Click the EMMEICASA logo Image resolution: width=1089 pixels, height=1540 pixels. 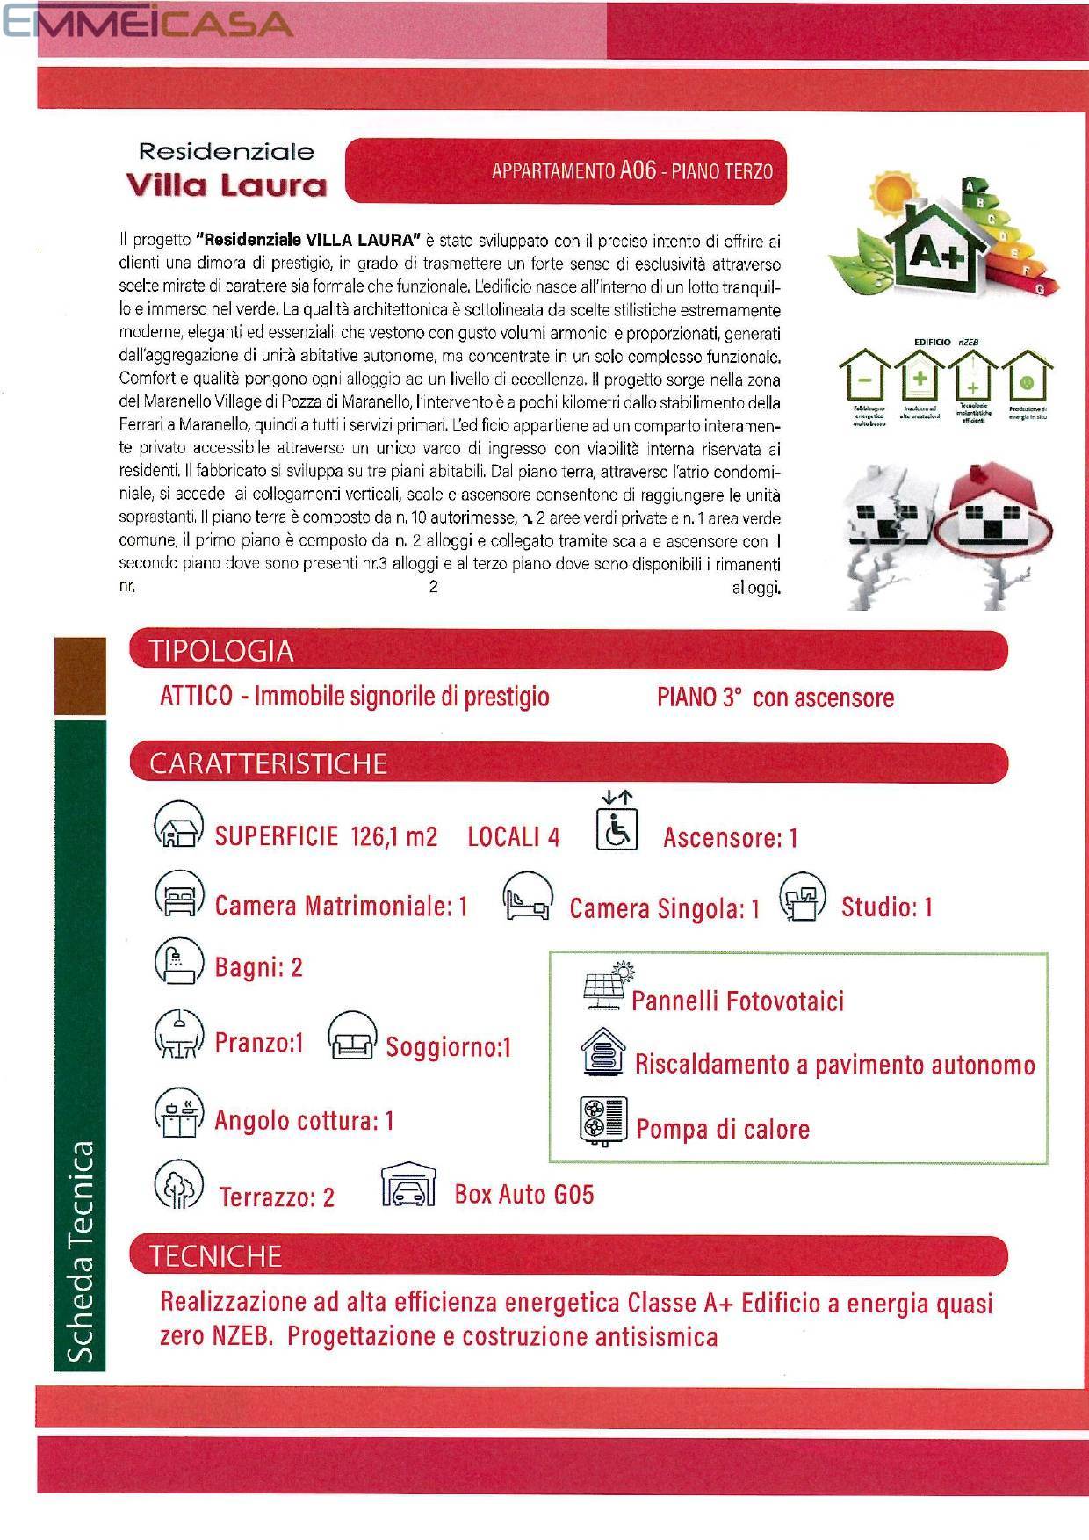click(x=148, y=23)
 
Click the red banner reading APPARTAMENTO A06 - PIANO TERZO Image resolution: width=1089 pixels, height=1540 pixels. click(x=566, y=170)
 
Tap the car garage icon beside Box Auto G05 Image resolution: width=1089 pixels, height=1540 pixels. click(x=408, y=1188)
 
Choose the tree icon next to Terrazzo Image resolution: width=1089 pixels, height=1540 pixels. click(x=178, y=1183)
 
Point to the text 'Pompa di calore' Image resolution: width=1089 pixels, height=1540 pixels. click(x=722, y=1129)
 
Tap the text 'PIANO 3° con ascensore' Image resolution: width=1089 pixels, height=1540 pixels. click(x=775, y=698)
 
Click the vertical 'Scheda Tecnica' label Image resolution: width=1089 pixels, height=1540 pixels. click(x=81, y=1252)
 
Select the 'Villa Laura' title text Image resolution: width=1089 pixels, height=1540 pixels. click(x=227, y=185)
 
